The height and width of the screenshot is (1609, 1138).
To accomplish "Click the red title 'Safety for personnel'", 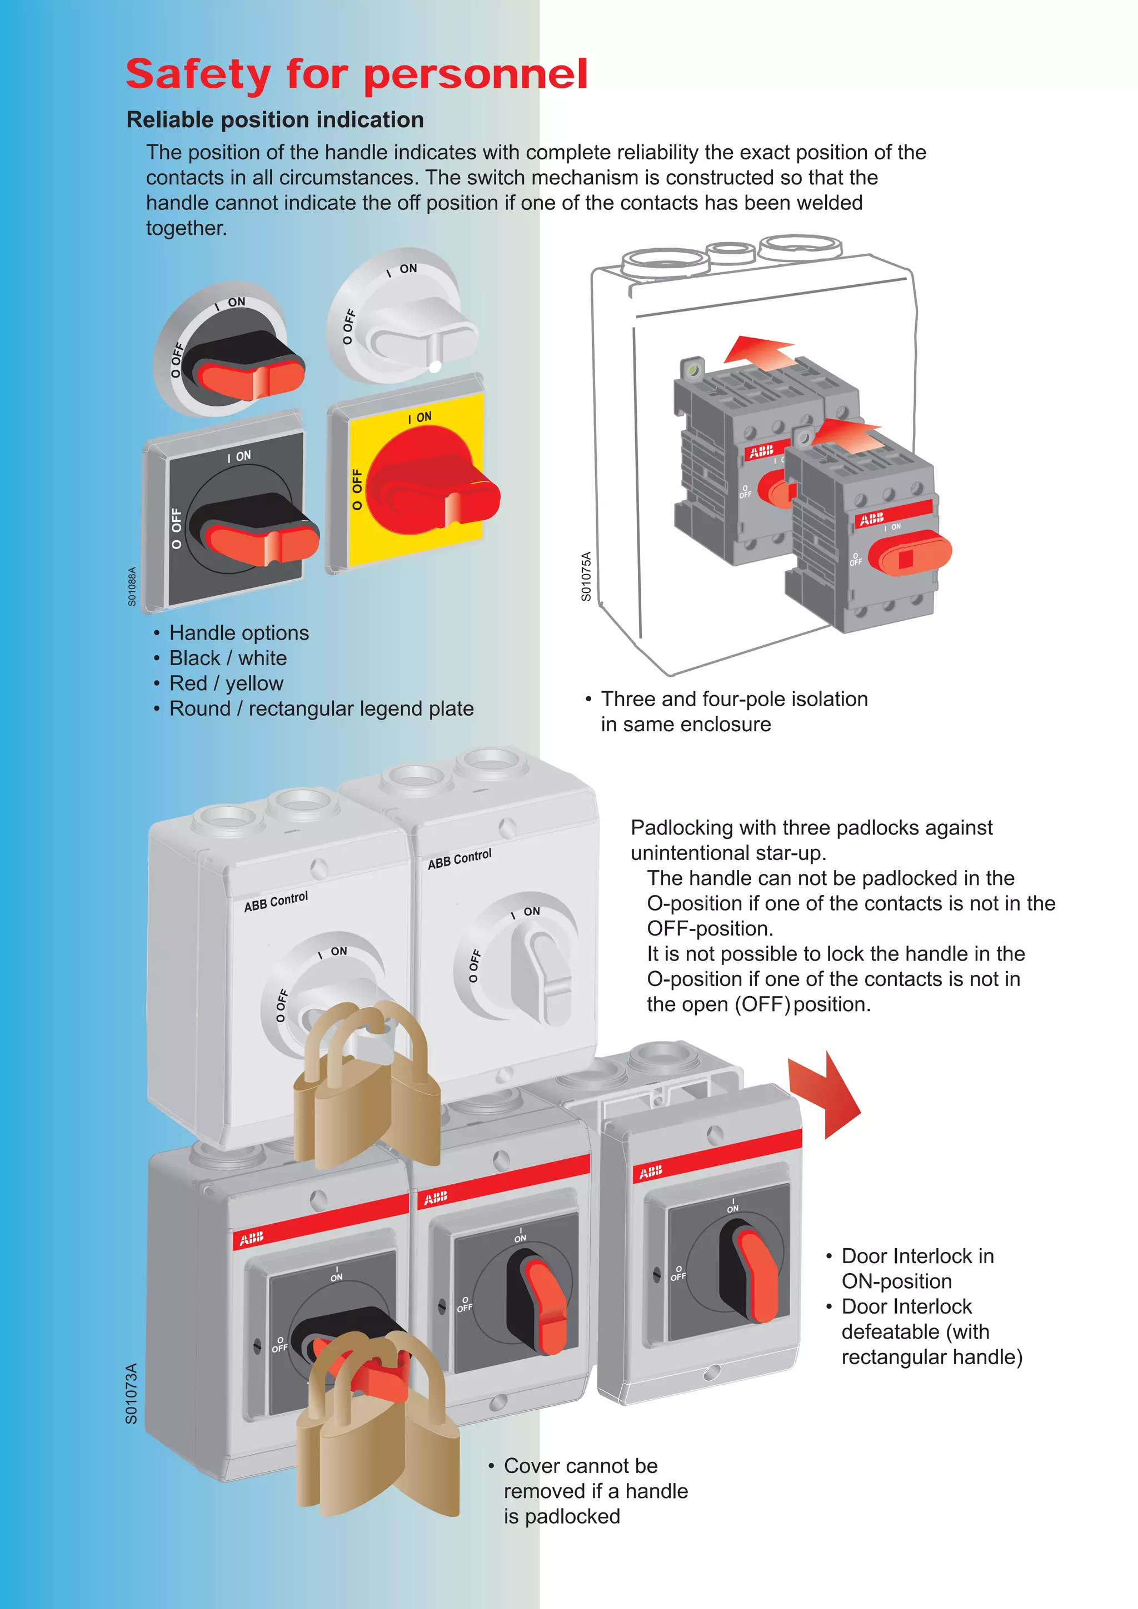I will (x=356, y=74).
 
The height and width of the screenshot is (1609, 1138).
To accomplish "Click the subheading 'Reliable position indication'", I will (x=275, y=120).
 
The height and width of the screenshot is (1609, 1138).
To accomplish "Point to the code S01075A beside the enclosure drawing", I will (x=586, y=576).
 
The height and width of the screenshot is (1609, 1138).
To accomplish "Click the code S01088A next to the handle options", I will (x=132, y=586).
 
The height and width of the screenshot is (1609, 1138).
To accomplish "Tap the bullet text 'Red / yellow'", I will (x=226, y=683).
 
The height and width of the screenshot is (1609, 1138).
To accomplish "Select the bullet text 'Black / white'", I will (x=228, y=658).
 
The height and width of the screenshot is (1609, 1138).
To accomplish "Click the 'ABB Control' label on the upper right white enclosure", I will (x=460, y=859).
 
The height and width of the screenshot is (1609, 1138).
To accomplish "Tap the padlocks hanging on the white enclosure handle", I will (x=365, y=1086).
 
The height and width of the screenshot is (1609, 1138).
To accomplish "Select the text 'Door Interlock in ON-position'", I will (x=917, y=1269).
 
